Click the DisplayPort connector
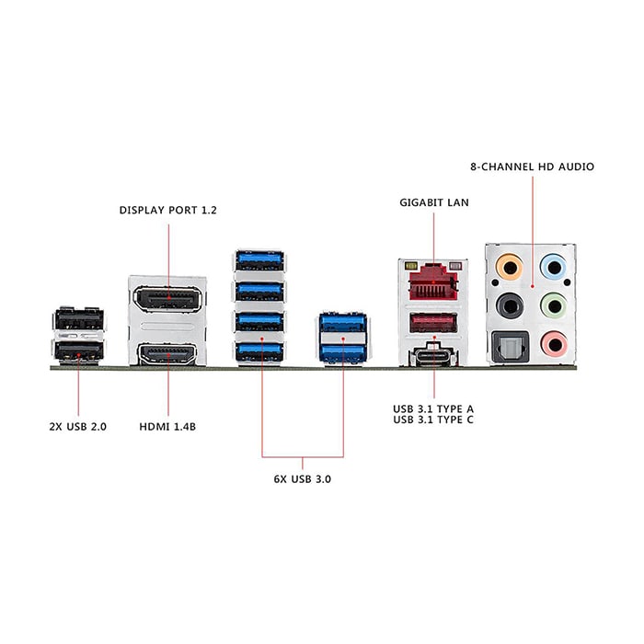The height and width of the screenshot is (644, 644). (x=168, y=299)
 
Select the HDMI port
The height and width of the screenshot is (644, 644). (x=168, y=354)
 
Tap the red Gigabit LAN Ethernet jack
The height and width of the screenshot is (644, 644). (x=433, y=283)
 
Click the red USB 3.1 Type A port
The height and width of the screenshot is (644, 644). (x=433, y=323)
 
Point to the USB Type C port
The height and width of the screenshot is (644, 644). (x=433, y=356)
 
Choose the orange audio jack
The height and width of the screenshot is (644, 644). (x=510, y=268)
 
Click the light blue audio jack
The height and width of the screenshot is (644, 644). (x=554, y=268)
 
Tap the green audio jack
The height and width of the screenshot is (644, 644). (x=554, y=306)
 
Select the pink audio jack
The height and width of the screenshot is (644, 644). (x=554, y=344)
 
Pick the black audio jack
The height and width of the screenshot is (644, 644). (x=510, y=306)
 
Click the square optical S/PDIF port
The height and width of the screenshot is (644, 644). (x=510, y=347)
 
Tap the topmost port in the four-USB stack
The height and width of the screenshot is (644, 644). (x=259, y=260)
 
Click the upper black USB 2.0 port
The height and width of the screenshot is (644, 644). (x=79, y=319)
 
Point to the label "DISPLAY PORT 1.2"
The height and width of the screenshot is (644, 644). (x=168, y=211)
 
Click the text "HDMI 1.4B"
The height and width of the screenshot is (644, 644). (x=167, y=427)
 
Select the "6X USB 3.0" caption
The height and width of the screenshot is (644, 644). (x=303, y=479)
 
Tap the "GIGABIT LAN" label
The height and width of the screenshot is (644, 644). (x=434, y=202)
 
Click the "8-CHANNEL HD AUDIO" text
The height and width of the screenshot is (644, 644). (x=533, y=167)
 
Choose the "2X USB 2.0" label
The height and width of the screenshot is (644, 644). (x=78, y=427)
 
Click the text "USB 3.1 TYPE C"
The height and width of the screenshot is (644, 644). (x=433, y=420)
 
